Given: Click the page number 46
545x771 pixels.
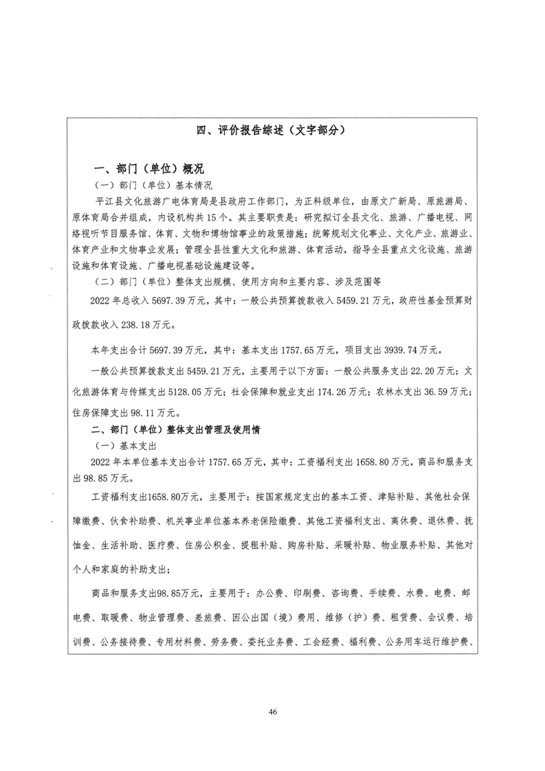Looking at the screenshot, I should click(x=273, y=711).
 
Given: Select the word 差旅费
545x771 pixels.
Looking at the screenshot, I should click(x=195, y=617).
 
